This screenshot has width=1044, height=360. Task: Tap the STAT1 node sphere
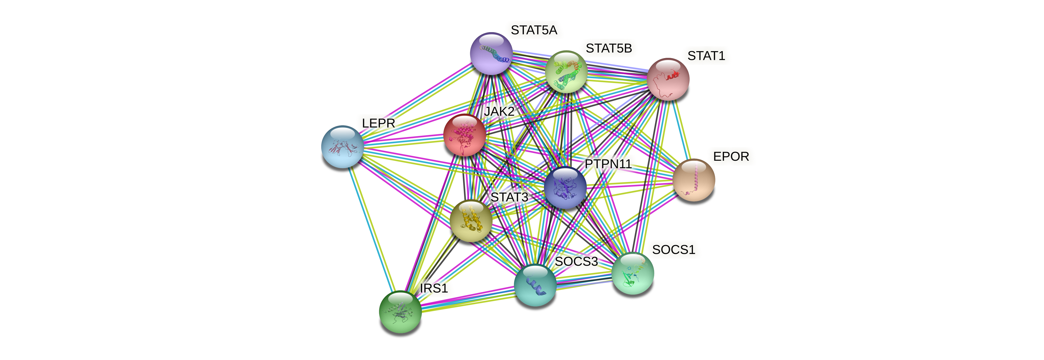668,79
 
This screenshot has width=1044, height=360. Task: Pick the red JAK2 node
465,135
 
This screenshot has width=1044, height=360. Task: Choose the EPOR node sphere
694,180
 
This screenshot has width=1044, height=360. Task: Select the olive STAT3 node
471,221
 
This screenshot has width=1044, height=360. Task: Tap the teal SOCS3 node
535,285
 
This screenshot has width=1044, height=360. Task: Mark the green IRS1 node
400,312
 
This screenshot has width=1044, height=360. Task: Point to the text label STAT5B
609,48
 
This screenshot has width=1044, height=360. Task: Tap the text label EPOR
731,157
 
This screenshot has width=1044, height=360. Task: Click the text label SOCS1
673,250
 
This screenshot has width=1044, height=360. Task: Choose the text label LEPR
378,123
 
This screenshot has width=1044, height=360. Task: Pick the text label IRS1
434,288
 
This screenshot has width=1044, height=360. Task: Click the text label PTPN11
608,164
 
